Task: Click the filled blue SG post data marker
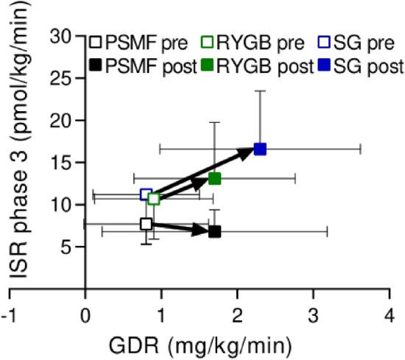point(259,149)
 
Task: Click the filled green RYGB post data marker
point(214,178)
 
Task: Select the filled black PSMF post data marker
point(214,231)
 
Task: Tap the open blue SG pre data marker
point(147,194)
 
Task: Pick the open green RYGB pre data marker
point(154,199)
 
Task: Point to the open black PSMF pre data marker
point(147,224)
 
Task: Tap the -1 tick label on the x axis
point(8,313)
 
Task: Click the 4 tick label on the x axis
point(390,313)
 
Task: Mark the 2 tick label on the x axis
point(237,313)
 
